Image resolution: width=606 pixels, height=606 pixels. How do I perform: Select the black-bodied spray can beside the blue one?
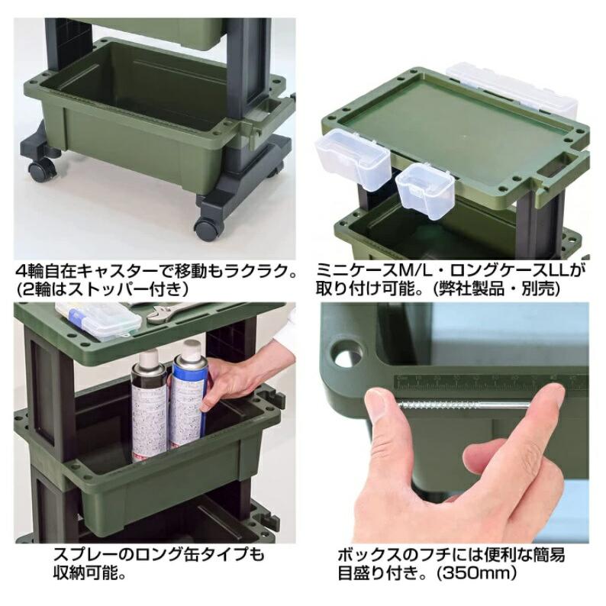point(150,404)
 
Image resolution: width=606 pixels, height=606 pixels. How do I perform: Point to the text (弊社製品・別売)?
point(495,289)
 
